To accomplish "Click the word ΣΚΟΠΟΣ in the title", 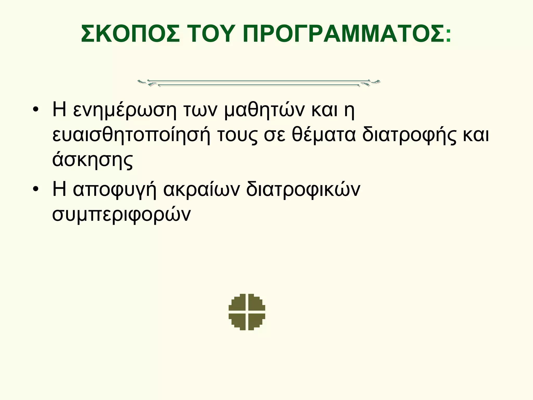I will [x=130, y=34].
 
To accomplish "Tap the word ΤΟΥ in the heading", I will [x=211, y=34].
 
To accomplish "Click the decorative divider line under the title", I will [x=259, y=83].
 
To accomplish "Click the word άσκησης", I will [x=93, y=160].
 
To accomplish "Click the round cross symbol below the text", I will [x=247, y=312].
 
